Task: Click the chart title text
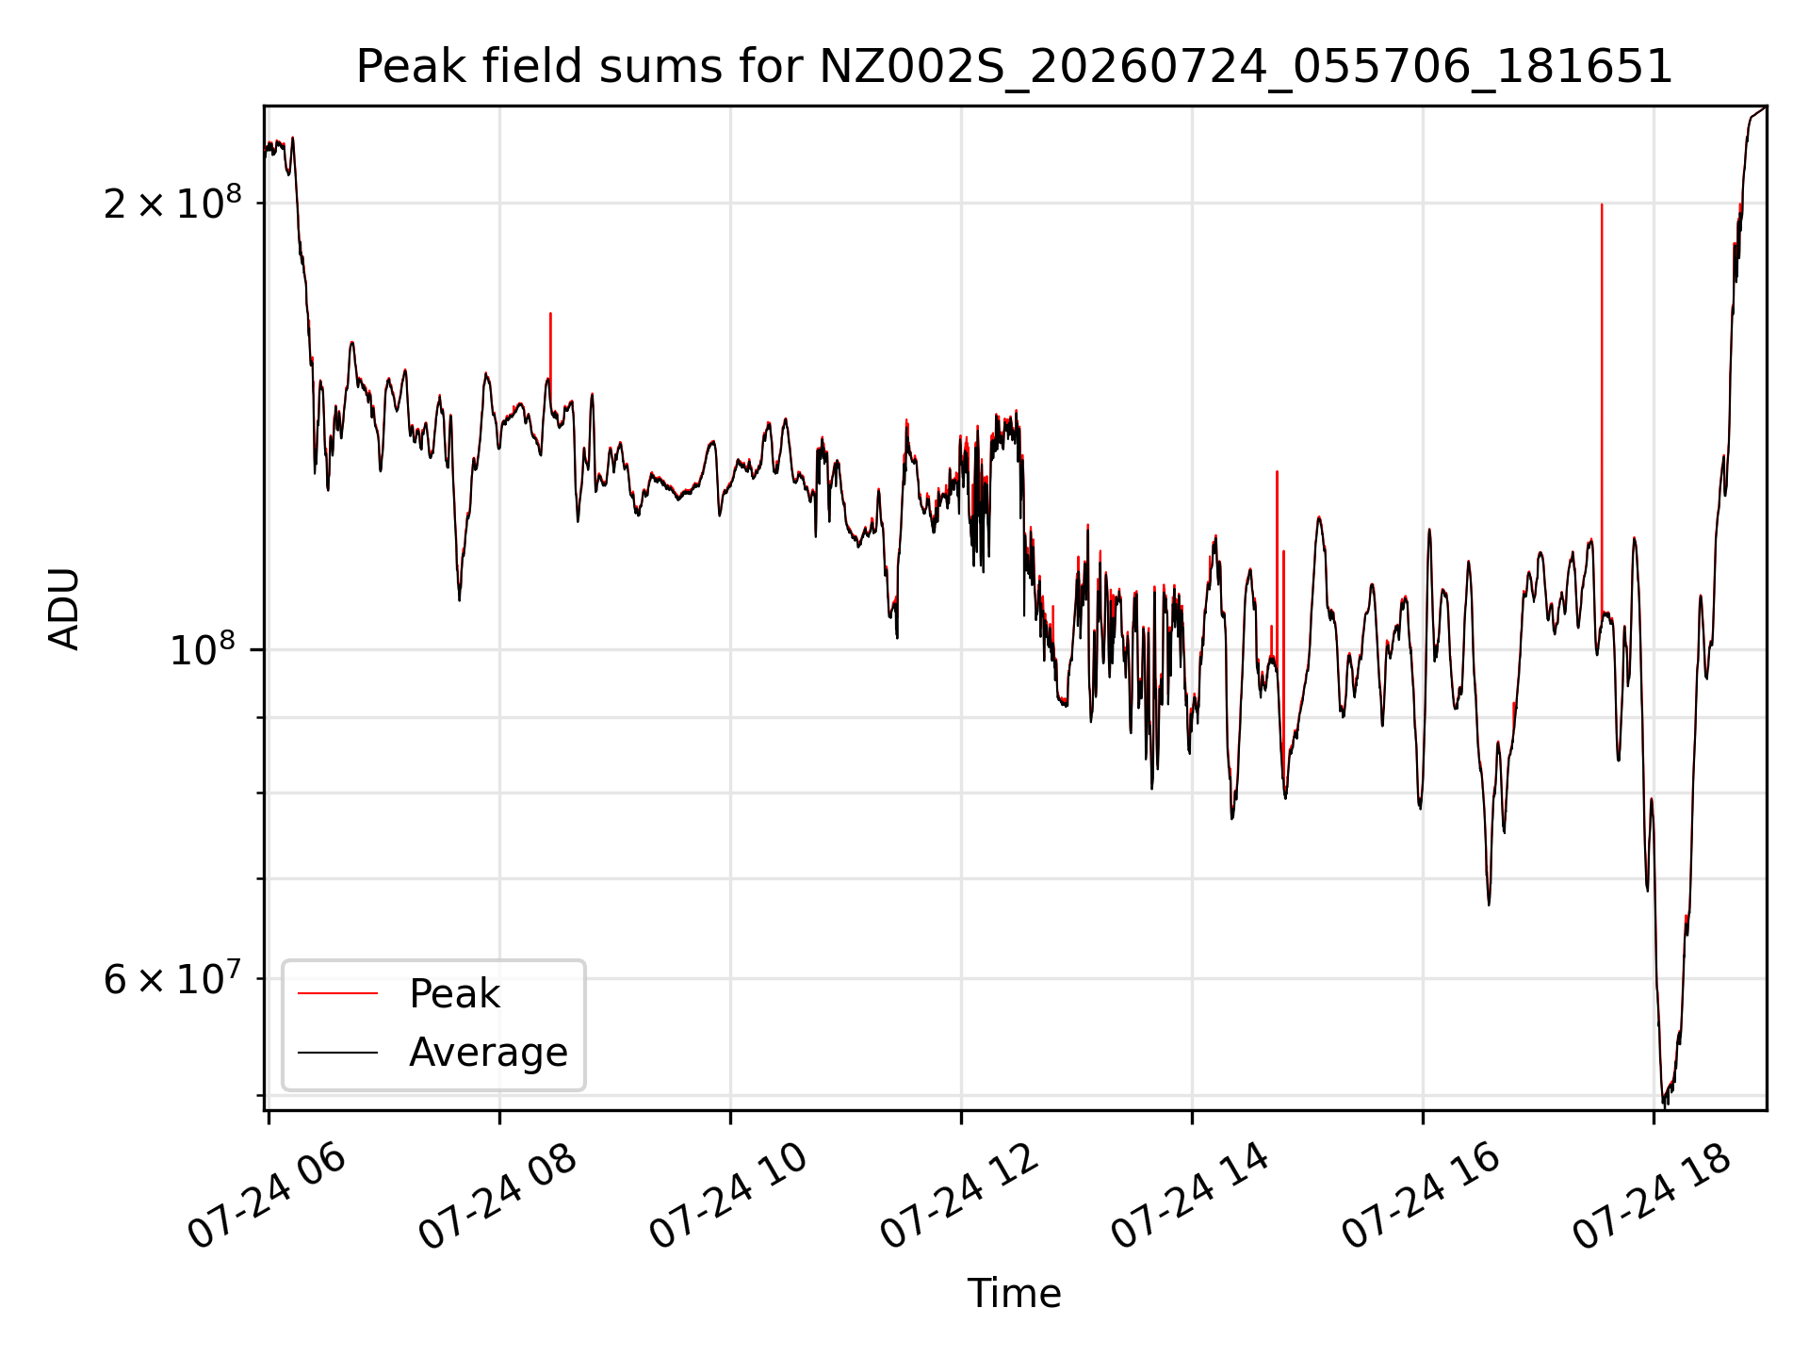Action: [1014, 68]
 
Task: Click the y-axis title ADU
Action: [64, 609]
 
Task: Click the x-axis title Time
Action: [1014, 1294]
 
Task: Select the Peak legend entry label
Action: [454, 994]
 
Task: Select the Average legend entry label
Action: [488, 1053]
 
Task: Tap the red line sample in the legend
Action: [337, 993]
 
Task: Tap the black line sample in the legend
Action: [337, 1052]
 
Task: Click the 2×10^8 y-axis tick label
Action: [172, 202]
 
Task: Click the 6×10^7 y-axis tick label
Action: [172, 978]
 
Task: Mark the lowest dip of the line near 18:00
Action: [1664, 1101]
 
